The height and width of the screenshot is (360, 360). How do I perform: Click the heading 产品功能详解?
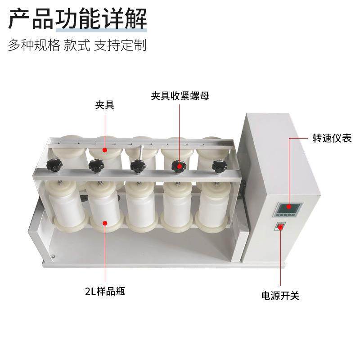point(78,19)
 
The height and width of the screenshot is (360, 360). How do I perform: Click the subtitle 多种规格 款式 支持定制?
point(78,45)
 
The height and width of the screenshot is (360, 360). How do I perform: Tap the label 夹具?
point(104,105)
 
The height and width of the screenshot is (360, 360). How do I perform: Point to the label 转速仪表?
point(332,138)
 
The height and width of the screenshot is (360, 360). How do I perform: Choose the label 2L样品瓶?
point(105,291)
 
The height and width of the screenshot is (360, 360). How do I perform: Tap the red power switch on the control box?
point(280,227)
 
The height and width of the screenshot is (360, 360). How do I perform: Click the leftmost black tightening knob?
point(54,164)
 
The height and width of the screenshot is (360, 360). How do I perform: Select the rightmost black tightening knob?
point(219,166)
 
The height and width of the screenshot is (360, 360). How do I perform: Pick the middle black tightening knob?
point(137,165)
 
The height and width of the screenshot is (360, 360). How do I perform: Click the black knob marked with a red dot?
point(179,166)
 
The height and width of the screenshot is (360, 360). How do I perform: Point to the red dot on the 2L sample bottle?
point(105,222)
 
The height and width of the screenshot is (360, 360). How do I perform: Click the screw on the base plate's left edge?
point(53,257)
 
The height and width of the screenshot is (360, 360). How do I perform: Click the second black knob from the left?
point(95,166)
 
